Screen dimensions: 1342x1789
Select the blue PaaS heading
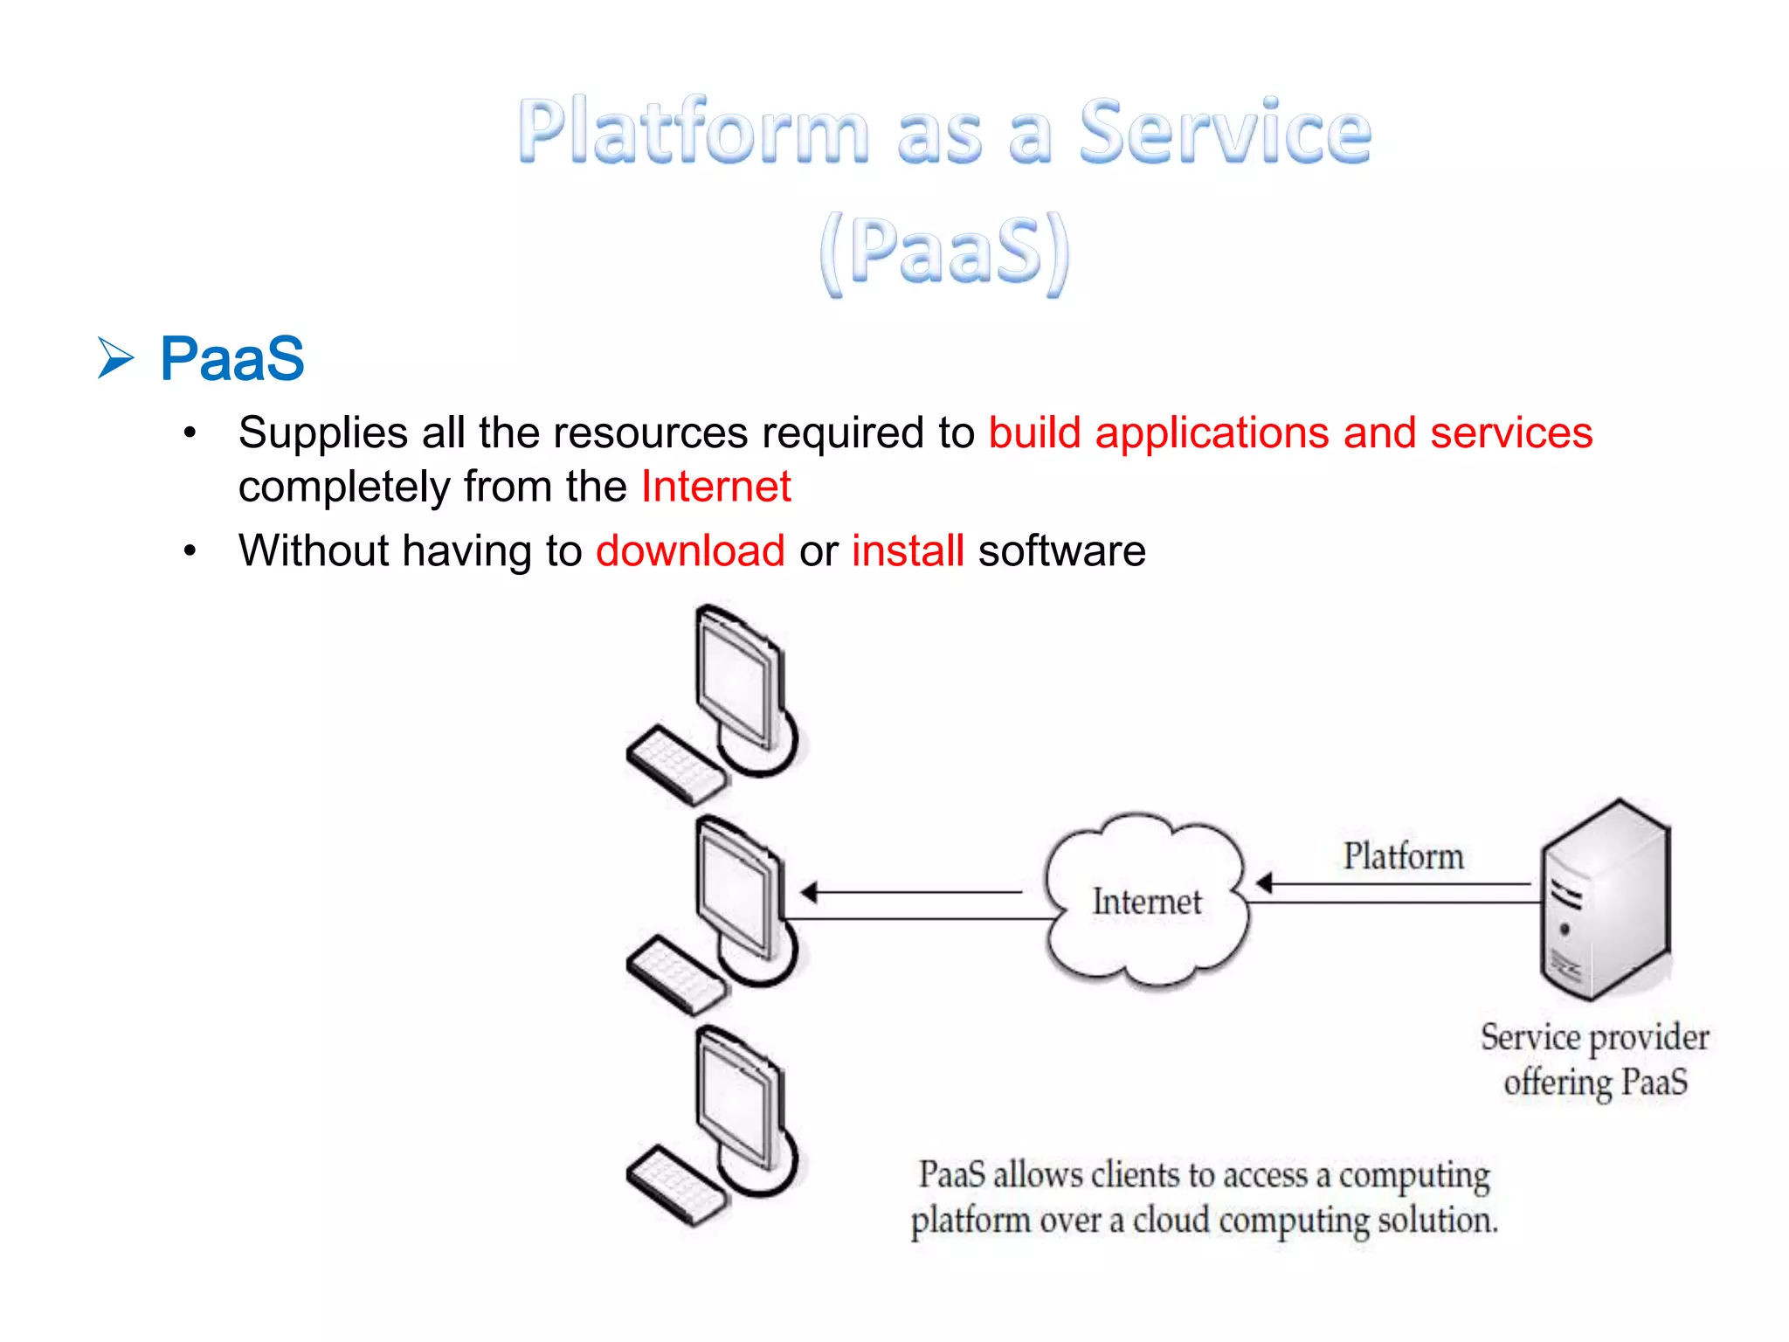[231, 359]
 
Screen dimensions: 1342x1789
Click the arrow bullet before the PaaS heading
[115, 358]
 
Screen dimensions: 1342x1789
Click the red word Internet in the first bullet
[715, 487]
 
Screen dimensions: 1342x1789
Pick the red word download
[690, 551]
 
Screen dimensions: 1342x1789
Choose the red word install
[908, 551]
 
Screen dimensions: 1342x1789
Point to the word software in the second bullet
[1061, 551]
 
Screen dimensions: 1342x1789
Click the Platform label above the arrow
[1403, 856]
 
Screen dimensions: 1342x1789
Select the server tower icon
[1606, 900]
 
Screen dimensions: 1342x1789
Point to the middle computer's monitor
[738, 891]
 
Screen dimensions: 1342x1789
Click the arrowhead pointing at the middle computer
[809, 892]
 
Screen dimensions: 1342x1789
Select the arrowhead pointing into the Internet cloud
[1263, 883]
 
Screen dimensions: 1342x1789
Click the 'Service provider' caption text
[1594, 1038]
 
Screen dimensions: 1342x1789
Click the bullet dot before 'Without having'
[190, 551]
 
